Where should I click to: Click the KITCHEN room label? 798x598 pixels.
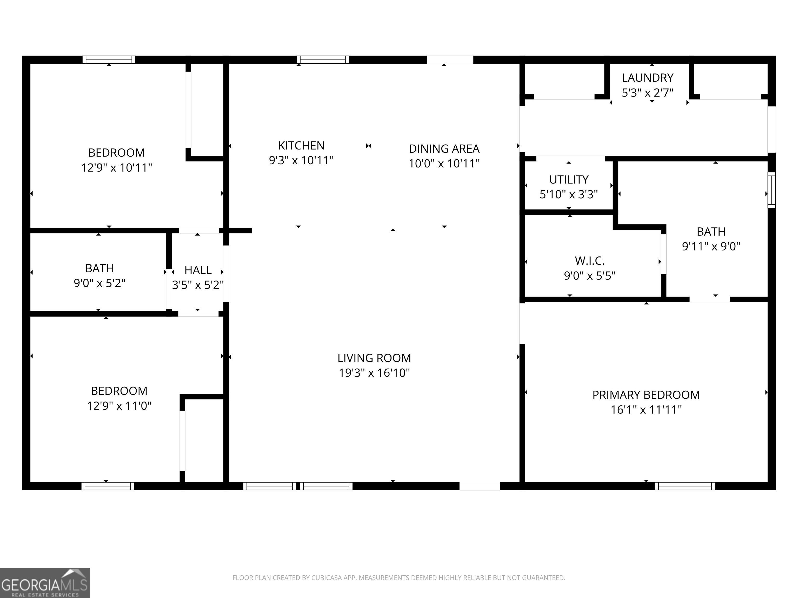pyautogui.click(x=301, y=146)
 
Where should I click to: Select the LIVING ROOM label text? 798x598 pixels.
pyautogui.click(x=374, y=358)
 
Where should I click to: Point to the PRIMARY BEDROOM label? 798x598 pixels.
pyautogui.click(x=646, y=395)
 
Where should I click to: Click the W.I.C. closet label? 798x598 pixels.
pyautogui.click(x=589, y=261)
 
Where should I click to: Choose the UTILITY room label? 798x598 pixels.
pyautogui.click(x=569, y=180)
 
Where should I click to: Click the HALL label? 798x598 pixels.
pyautogui.click(x=198, y=270)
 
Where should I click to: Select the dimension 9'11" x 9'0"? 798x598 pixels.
pyautogui.click(x=711, y=247)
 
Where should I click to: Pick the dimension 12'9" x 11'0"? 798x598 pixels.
pyautogui.click(x=119, y=406)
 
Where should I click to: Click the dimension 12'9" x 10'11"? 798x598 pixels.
pyautogui.click(x=117, y=168)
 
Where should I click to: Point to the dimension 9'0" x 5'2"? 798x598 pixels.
pyautogui.click(x=99, y=283)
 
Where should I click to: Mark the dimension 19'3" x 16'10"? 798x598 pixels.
pyautogui.click(x=374, y=373)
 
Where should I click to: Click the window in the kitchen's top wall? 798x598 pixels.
pyautogui.click(x=323, y=60)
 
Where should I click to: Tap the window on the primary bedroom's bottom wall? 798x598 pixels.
pyautogui.click(x=685, y=486)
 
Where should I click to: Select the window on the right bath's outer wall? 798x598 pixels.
pyautogui.click(x=771, y=190)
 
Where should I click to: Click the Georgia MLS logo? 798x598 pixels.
pyautogui.click(x=45, y=583)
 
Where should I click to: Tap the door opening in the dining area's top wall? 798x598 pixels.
pyautogui.click(x=450, y=60)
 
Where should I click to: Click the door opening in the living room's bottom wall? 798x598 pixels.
pyautogui.click(x=480, y=486)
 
